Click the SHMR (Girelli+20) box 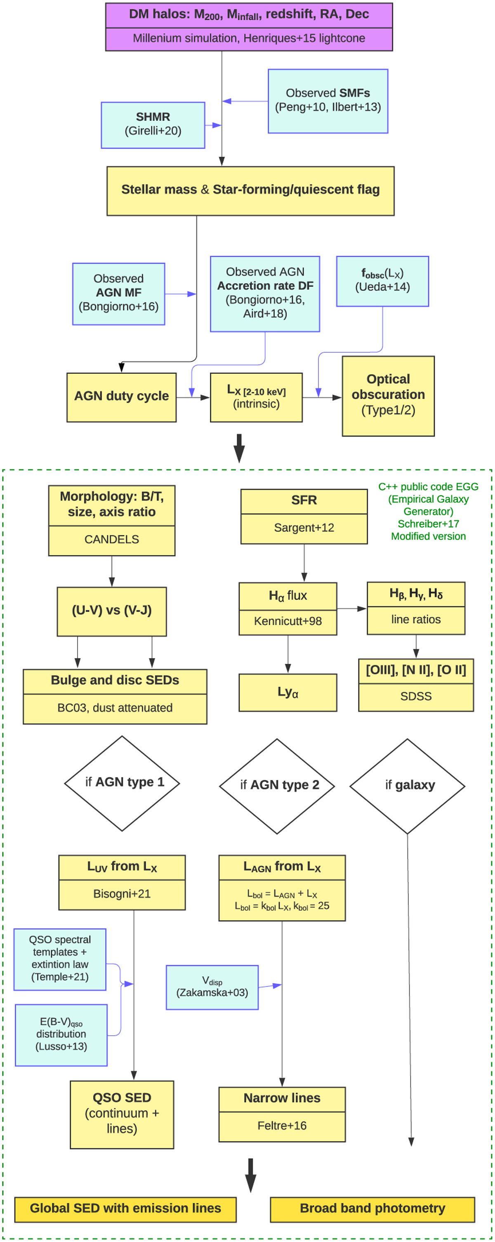(153, 125)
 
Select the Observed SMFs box (328, 101)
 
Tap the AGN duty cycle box (121, 397)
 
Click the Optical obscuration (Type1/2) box (388, 396)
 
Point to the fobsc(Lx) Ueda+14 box (382, 281)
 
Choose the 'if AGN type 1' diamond (122, 783)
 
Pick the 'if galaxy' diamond (407, 786)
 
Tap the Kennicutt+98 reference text (288, 621)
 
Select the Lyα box (288, 692)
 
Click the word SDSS (416, 696)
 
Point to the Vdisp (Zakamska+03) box (212, 987)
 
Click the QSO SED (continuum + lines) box (122, 1114)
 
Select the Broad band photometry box (372, 1208)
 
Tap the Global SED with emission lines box (125, 1208)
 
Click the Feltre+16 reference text (282, 1125)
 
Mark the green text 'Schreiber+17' (428, 524)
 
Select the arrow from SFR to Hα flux (304, 563)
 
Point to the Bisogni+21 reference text (122, 893)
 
